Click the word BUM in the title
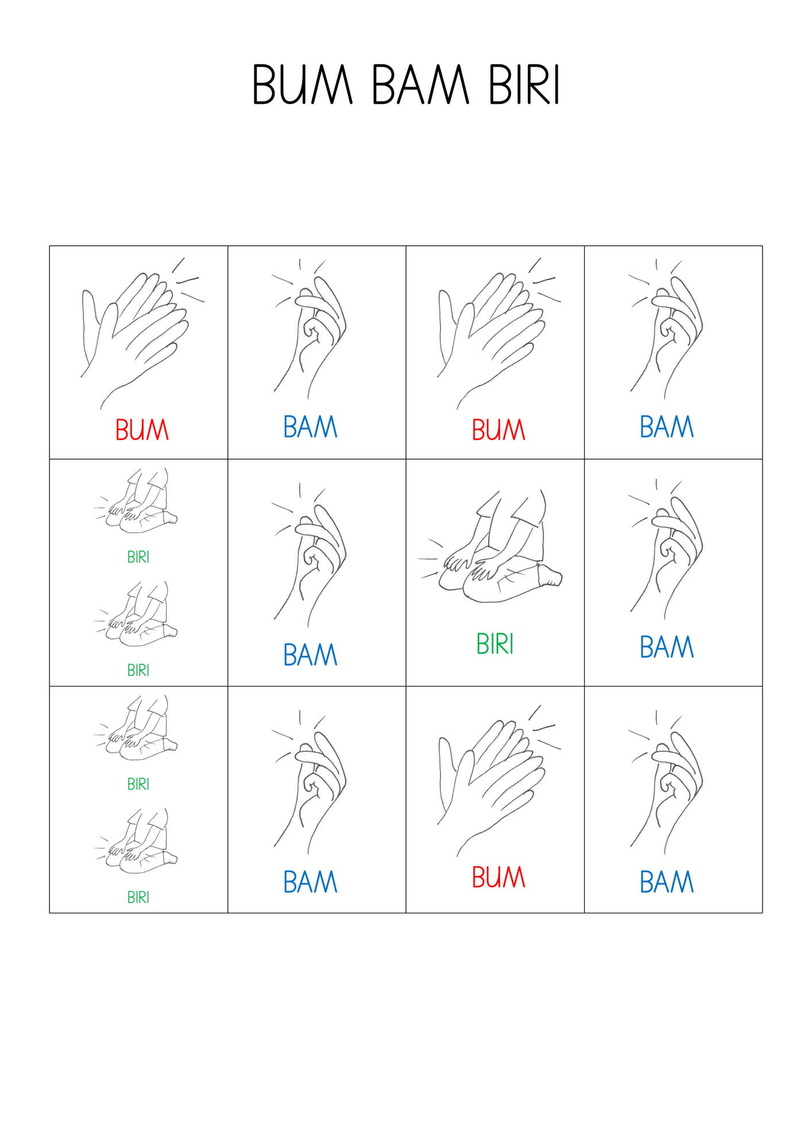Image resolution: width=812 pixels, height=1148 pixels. pyautogui.click(x=303, y=85)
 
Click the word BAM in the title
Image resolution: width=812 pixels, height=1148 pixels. pyautogui.click(x=421, y=85)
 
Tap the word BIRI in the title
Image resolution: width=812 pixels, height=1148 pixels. pyautogui.click(x=524, y=85)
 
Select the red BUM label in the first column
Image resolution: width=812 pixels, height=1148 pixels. pyautogui.click(x=142, y=429)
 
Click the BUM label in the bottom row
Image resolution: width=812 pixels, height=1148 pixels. pyautogui.click(x=498, y=877)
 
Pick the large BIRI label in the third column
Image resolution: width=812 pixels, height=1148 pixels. pyautogui.click(x=495, y=643)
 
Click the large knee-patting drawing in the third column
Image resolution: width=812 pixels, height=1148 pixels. pyautogui.click(x=490, y=546)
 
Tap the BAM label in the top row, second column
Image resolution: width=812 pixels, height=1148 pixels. pyautogui.click(x=310, y=426)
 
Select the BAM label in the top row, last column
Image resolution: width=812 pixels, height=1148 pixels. pyautogui.click(x=667, y=426)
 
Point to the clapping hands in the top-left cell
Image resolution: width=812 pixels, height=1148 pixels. pyautogui.click(x=142, y=333)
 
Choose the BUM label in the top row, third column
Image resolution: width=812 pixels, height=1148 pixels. pyautogui.click(x=498, y=429)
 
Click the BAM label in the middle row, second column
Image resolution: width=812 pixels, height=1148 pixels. pyautogui.click(x=310, y=654)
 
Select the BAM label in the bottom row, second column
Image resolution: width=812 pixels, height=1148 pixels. pyautogui.click(x=310, y=882)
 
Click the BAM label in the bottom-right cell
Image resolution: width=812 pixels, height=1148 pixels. pyautogui.click(x=667, y=882)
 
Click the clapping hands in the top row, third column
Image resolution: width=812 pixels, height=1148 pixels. pyautogui.click(x=498, y=333)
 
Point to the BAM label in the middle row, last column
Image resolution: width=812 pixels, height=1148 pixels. pyautogui.click(x=667, y=647)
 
